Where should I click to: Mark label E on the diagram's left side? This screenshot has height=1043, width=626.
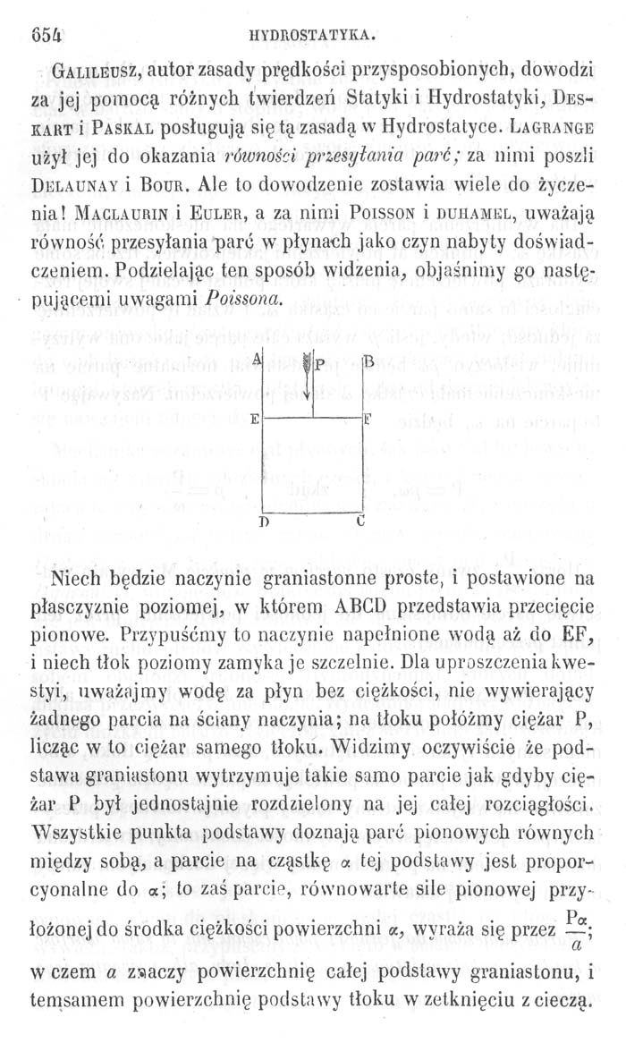pyautogui.click(x=255, y=419)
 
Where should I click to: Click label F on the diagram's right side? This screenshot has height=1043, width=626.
pyautogui.click(x=368, y=418)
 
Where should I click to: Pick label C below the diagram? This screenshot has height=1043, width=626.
pyautogui.click(x=360, y=519)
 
